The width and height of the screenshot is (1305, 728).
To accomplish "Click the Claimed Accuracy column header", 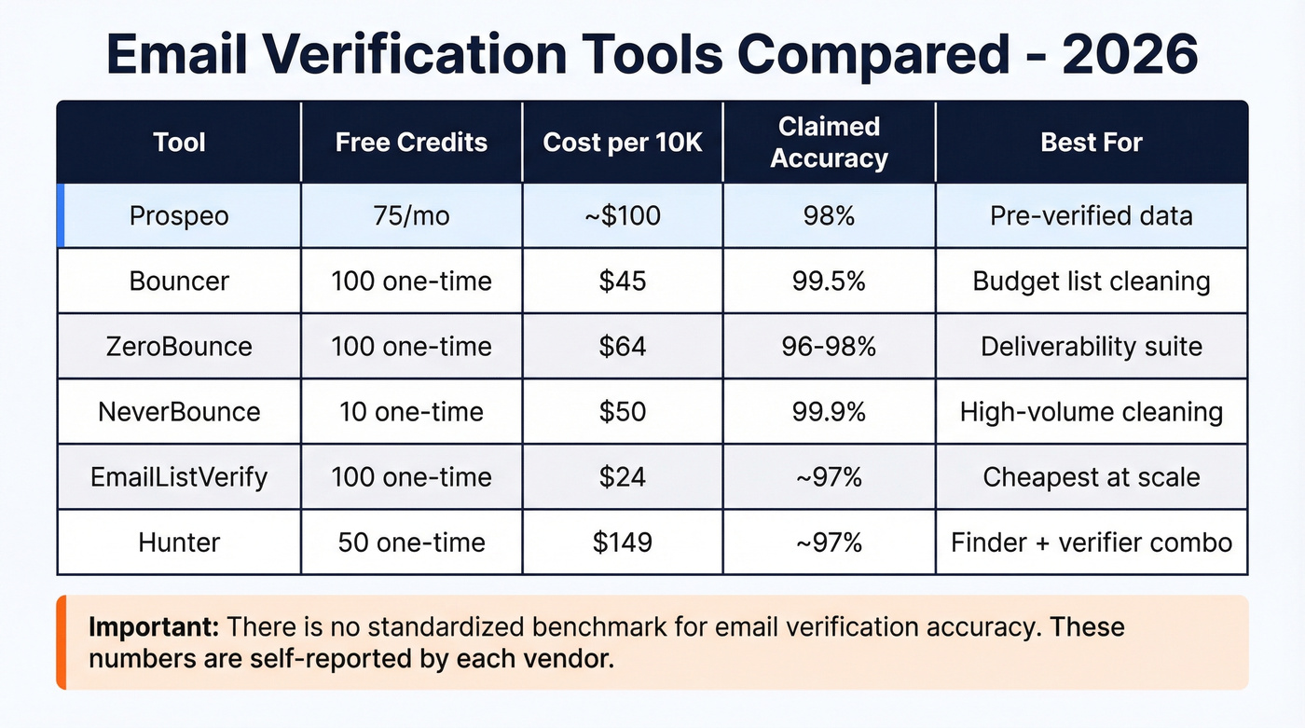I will [x=829, y=143].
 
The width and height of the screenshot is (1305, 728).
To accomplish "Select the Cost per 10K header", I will [x=623, y=143].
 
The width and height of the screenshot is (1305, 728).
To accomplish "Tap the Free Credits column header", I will [x=411, y=143].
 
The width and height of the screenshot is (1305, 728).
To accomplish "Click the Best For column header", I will [x=1092, y=143].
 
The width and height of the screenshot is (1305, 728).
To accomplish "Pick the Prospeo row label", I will [x=180, y=216].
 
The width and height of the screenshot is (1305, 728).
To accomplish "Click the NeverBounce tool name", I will [x=180, y=411].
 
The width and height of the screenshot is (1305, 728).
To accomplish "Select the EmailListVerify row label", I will [x=180, y=477].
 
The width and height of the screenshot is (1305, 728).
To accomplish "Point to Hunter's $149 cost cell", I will [x=623, y=542].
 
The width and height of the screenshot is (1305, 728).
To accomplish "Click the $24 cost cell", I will [x=623, y=477].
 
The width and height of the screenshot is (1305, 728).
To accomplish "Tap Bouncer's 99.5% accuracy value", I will [x=829, y=281].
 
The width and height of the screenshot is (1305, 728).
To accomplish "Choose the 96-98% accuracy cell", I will [x=829, y=347].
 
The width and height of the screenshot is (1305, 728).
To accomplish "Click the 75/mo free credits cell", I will [x=411, y=216].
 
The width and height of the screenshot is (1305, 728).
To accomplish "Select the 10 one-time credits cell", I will [x=411, y=411].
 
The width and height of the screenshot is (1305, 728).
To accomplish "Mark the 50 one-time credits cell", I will [x=411, y=542].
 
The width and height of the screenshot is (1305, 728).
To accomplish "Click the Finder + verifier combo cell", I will [x=1092, y=542].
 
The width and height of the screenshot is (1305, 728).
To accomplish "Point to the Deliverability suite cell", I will [x=1092, y=347].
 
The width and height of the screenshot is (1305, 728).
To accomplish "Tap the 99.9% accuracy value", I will [x=829, y=411].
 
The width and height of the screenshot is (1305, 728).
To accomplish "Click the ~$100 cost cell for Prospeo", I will [x=623, y=216].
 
